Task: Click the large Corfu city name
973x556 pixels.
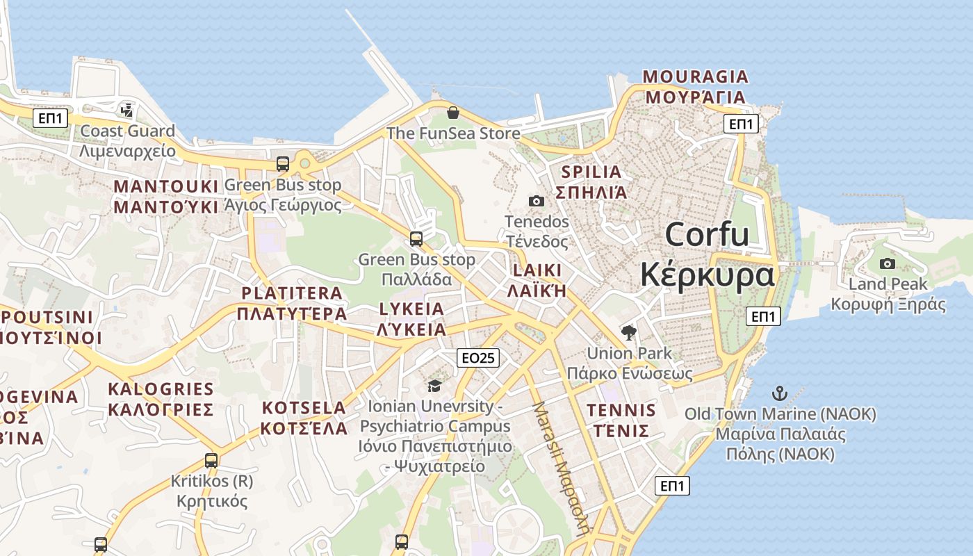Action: [x=707, y=235]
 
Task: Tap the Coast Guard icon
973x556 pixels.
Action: [x=126, y=109]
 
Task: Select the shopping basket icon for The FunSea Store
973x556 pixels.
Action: [x=453, y=113]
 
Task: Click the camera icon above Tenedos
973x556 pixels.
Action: [x=537, y=201]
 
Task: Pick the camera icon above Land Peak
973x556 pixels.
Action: [x=888, y=263]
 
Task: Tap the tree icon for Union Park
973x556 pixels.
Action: [x=629, y=332]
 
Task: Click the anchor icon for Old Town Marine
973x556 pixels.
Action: [x=780, y=393]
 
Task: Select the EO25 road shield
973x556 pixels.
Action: [x=478, y=358]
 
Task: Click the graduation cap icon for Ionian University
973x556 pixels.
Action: [x=434, y=386]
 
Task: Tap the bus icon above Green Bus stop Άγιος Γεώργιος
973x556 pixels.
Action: [x=283, y=164]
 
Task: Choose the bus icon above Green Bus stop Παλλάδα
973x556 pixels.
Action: [x=416, y=239]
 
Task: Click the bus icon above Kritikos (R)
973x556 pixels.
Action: [x=211, y=460]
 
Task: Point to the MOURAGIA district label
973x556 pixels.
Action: [x=695, y=76]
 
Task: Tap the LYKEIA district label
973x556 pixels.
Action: [x=411, y=309]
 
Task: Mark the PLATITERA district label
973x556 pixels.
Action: [x=292, y=293]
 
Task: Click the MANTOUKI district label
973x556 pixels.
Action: [x=166, y=186]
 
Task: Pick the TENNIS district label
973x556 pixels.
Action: [x=621, y=410]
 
